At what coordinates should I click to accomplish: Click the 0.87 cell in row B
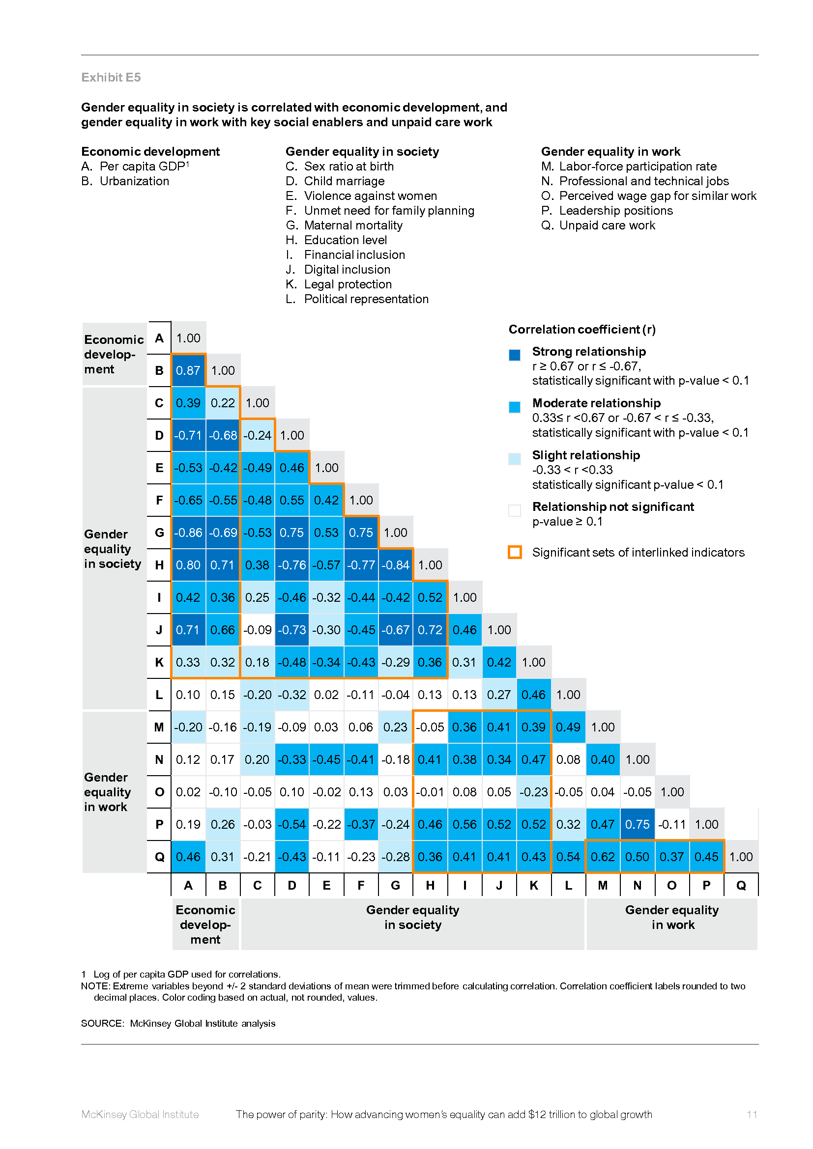[188, 371]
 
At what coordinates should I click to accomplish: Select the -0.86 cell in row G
[188, 533]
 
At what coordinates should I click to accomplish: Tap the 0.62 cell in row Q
[603, 857]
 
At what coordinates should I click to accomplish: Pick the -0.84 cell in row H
[396, 565]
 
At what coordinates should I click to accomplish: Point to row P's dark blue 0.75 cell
[638, 825]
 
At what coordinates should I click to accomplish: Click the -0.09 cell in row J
[257, 630]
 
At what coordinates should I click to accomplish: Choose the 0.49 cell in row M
[568, 728]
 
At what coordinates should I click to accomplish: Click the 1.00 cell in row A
[188, 338]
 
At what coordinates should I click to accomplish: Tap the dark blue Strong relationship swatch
[515, 355]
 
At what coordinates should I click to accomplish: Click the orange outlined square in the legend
[515, 552]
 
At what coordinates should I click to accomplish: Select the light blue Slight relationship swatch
[515, 458]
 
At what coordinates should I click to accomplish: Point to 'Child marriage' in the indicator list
[345, 181]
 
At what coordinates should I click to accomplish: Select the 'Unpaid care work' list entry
[607, 225]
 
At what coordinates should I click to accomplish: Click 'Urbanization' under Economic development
[134, 181]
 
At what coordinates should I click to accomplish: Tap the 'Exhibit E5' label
[111, 78]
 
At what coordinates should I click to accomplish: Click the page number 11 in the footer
[752, 1115]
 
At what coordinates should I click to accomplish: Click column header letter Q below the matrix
[741, 886]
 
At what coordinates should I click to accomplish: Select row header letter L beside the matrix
[159, 695]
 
